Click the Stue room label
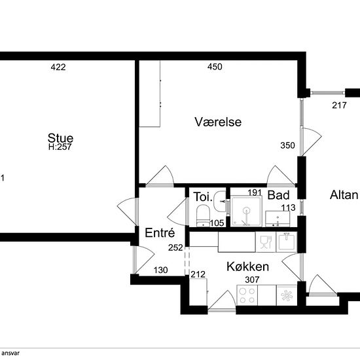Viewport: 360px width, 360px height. (60, 138)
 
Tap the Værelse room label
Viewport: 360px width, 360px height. (218, 122)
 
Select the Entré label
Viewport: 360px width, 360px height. (160, 232)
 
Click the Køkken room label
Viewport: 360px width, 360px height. (247, 266)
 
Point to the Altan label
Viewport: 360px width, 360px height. (344, 195)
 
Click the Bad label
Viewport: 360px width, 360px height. (278, 195)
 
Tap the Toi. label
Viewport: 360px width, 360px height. (203, 197)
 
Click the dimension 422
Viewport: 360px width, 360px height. (58, 67)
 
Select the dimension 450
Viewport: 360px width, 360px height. (215, 67)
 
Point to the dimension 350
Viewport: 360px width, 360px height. (287, 145)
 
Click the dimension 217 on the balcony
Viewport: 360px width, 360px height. (339, 105)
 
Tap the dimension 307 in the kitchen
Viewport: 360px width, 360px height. (252, 279)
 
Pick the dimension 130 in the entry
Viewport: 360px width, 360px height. (161, 270)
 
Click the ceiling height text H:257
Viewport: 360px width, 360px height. (60, 147)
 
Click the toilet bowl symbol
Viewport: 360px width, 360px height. (203, 215)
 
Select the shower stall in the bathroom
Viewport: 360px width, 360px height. (247, 211)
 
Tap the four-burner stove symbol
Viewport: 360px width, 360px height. (247, 295)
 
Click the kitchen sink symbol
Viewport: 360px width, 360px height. (287, 242)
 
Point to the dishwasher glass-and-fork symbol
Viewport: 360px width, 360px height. (266, 242)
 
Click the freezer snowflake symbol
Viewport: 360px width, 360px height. (287, 295)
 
